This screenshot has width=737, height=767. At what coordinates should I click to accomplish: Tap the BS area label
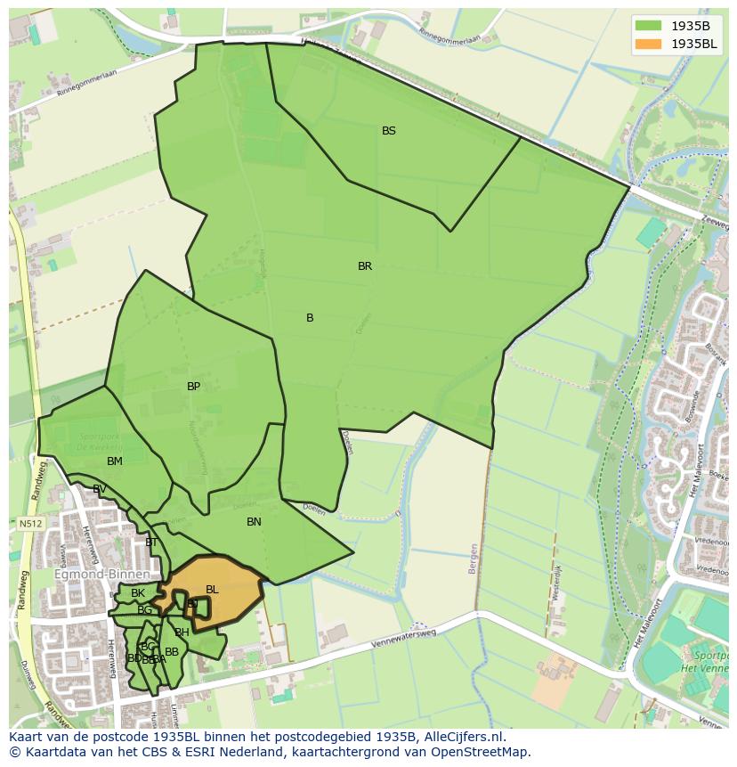coord(389,131)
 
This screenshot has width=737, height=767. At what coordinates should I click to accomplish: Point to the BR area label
coord(365,266)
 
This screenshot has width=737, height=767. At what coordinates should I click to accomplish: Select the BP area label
coord(193,387)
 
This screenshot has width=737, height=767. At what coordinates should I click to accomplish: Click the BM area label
coord(115,461)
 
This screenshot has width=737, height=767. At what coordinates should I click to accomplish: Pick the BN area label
coord(254,522)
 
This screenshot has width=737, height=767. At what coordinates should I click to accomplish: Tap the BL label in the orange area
coord(212,590)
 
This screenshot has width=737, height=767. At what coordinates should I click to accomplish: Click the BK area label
coord(138,593)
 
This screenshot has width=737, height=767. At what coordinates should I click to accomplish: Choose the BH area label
coord(182,632)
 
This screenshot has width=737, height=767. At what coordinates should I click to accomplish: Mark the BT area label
coord(151,543)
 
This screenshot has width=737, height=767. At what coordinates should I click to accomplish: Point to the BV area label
coord(100,489)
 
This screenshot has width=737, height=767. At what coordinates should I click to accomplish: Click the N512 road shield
coord(29,524)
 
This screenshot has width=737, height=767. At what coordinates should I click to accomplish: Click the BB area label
coord(172,652)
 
